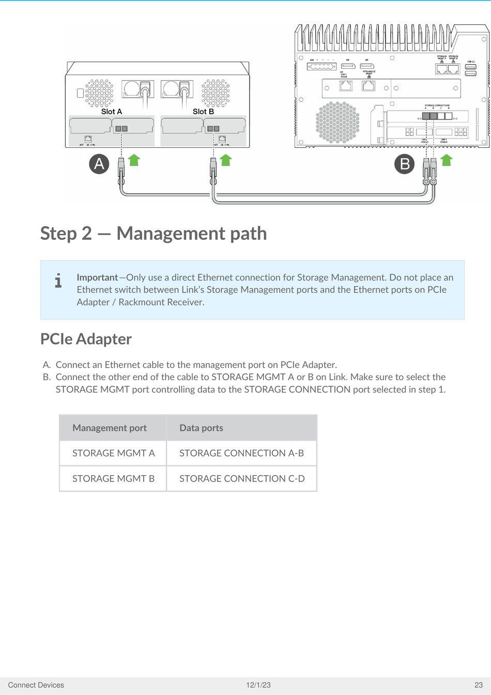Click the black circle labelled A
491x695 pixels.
[x=99, y=164]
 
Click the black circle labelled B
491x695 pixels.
[x=405, y=164]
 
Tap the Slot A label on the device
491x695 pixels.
[x=112, y=111]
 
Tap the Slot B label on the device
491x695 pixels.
[x=203, y=111]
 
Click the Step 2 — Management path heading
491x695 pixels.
[x=154, y=233]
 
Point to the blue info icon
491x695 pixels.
[x=58, y=281]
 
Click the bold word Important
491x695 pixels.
[x=97, y=277]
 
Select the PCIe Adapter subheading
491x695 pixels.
[x=86, y=339]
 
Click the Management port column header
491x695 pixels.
[x=110, y=428]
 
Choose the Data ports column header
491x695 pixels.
[x=201, y=428]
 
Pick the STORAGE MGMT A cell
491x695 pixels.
[x=113, y=453]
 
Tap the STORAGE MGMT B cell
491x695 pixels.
[x=113, y=478]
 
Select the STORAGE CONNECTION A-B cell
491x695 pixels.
[x=241, y=453]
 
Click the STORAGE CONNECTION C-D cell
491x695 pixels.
[x=242, y=478]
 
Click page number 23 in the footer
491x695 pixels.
[x=478, y=685]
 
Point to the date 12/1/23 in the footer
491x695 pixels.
[x=258, y=685]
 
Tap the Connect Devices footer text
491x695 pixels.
[x=36, y=685]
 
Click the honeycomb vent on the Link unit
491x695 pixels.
[x=337, y=122]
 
